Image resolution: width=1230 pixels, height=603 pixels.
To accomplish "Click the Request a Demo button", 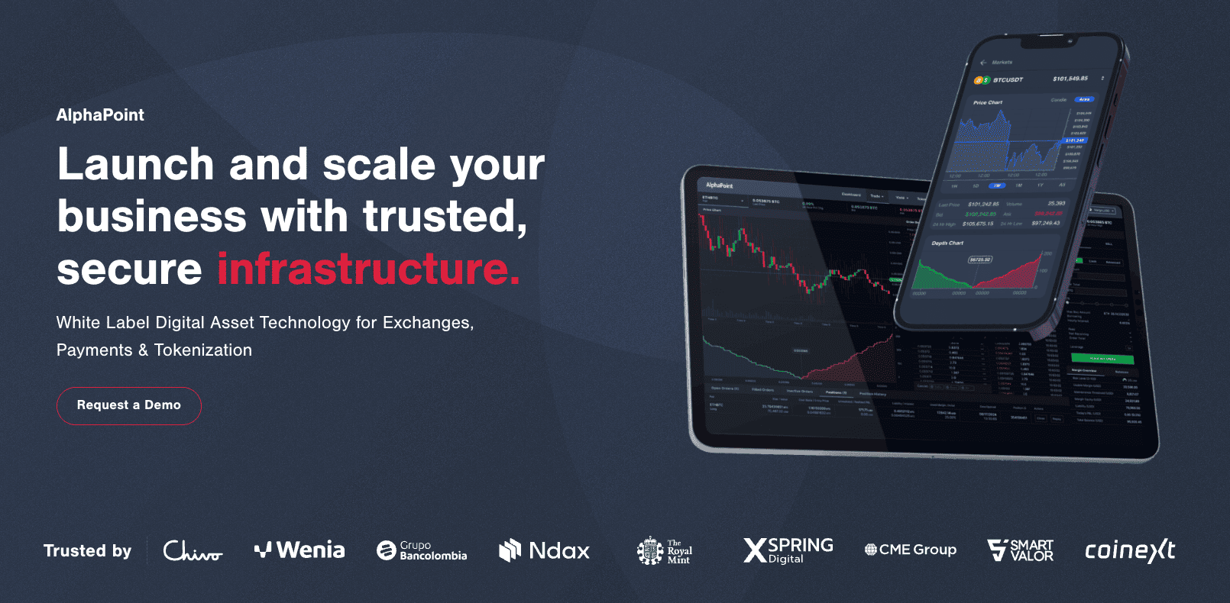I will point(128,405).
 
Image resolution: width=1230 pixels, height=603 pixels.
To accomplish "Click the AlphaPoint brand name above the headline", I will point(100,115).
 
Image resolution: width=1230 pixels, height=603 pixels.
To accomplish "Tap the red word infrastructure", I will point(368,269).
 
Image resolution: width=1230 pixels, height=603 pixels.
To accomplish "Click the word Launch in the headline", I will point(136,165).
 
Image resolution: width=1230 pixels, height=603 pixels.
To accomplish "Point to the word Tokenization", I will point(202,350).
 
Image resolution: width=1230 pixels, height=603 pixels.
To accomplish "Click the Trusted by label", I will point(87,551).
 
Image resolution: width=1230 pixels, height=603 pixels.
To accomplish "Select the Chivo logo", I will point(193,550).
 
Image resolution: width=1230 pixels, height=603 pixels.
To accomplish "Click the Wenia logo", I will point(299,550).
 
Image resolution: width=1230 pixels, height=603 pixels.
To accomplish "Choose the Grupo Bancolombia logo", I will point(422,550).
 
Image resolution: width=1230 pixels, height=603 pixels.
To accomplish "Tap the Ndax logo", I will point(544,550).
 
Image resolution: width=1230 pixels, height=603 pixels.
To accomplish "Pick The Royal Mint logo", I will point(665,550).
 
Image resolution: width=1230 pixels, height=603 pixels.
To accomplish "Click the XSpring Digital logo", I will point(788,550).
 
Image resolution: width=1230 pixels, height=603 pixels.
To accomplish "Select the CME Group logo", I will point(910,550).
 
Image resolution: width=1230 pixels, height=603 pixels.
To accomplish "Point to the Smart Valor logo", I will point(1021,550).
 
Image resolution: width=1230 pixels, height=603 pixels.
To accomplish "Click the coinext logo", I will point(1130,550).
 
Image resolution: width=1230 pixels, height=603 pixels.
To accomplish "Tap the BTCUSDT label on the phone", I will point(1008,80).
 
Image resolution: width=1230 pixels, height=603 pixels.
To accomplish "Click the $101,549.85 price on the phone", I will point(1070,79).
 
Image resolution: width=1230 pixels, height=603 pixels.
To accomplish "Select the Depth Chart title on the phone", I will point(947,243).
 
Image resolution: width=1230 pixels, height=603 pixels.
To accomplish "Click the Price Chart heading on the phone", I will point(988,102).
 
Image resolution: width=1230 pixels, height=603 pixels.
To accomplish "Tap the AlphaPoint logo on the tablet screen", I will point(719,185).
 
